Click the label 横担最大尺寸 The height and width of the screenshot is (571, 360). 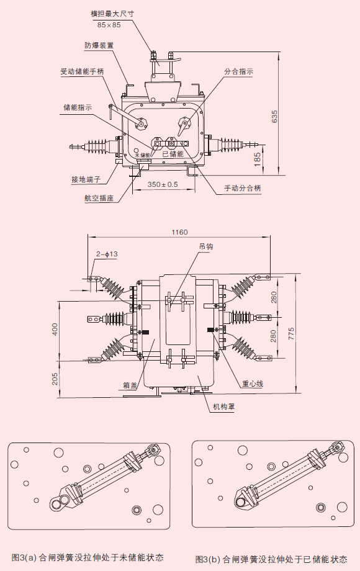[112, 14]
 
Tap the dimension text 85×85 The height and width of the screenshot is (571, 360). [109, 25]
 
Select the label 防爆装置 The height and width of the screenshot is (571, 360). [99, 45]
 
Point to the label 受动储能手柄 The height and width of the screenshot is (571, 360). [83, 71]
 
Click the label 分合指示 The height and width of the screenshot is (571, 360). [238, 71]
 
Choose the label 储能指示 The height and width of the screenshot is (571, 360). [78, 107]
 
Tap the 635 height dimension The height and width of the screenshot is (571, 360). [275, 116]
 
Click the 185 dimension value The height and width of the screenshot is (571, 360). [258, 160]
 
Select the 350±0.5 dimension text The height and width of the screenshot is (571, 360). [163, 184]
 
